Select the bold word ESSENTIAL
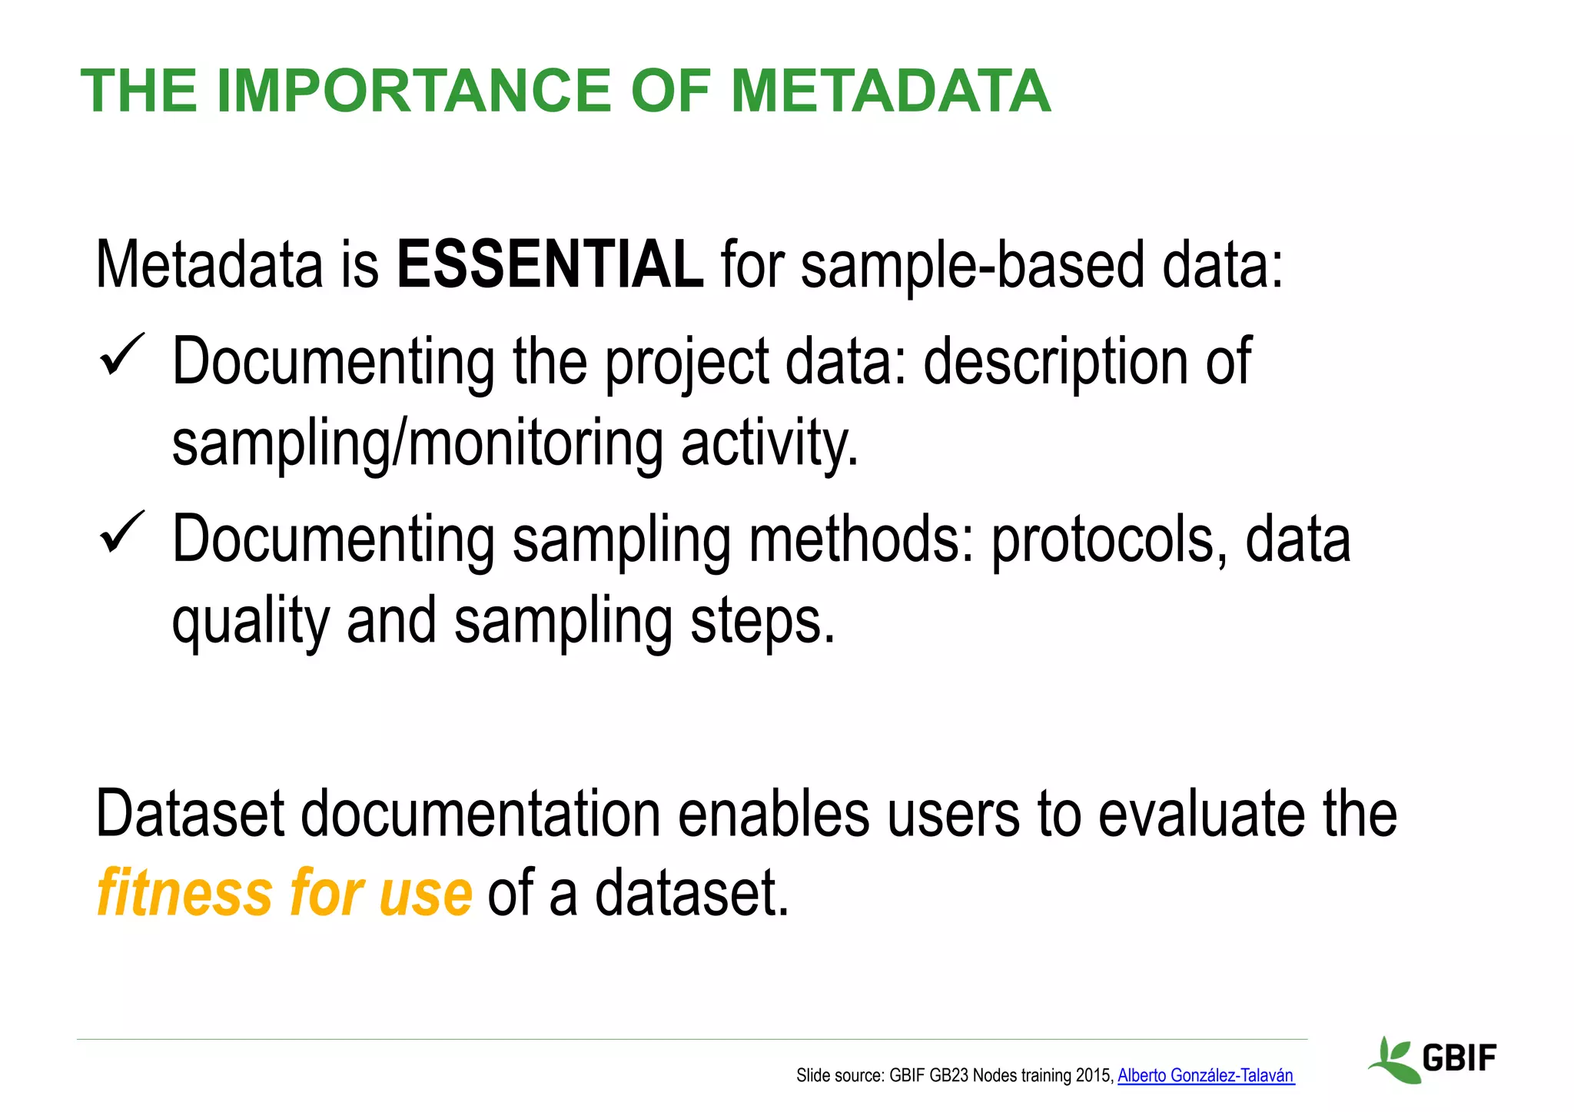click(549, 265)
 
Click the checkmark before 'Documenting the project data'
click(121, 355)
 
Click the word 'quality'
click(251, 622)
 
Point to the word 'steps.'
click(762, 622)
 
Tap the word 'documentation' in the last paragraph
click(480, 815)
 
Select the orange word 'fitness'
click(185, 893)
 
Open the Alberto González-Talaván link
click(1205, 1076)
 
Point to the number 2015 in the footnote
click(1094, 1076)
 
